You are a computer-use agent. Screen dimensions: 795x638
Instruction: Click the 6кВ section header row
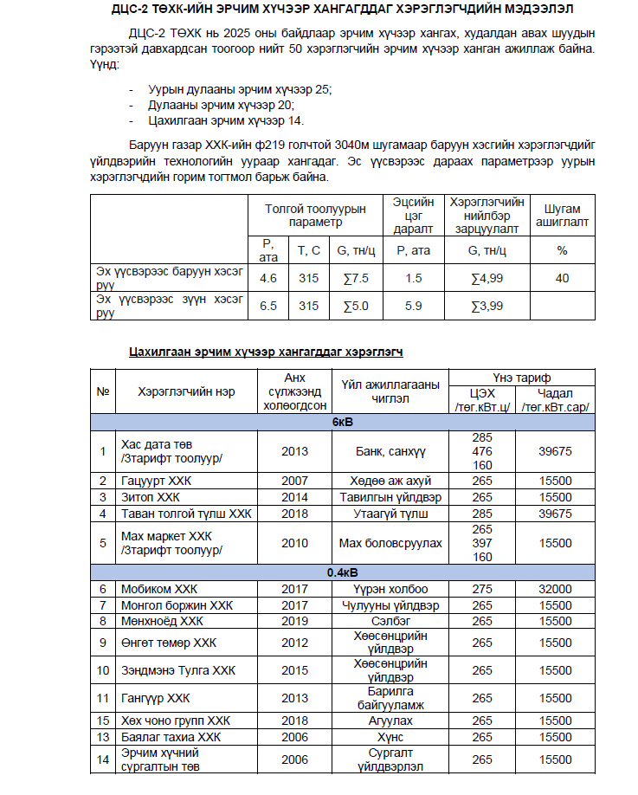click(x=343, y=422)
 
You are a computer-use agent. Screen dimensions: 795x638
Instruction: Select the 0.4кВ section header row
click(x=343, y=572)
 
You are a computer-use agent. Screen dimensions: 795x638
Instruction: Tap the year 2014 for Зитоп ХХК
click(x=294, y=497)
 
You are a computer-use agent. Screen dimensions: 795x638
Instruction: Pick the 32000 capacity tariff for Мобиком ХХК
click(x=555, y=589)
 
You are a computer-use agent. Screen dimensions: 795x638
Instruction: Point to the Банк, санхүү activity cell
click(x=390, y=451)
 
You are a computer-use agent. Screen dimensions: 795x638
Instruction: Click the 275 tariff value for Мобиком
click(x=482, y=589)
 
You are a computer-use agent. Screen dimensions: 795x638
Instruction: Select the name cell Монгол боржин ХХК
click(x=177, y=604)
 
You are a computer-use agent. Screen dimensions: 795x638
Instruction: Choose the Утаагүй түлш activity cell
click(x=390, y=514)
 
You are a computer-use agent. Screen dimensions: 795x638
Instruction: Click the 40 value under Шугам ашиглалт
click(x=562, y=278)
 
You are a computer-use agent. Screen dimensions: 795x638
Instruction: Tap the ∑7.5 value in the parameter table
click(x=356, y=278)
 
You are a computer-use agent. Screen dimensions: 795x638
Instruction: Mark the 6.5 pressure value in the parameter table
click(x=268, y=306)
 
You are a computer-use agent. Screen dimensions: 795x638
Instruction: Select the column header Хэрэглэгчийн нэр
click(x=186, y=391)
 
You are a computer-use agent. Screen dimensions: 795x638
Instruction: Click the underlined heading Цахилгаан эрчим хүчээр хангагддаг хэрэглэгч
click(x=266, y=352)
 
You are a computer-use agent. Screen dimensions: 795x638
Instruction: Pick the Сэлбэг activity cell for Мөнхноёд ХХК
click(x=390, y=621)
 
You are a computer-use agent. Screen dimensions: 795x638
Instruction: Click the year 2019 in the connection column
click(x=294, y=621)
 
